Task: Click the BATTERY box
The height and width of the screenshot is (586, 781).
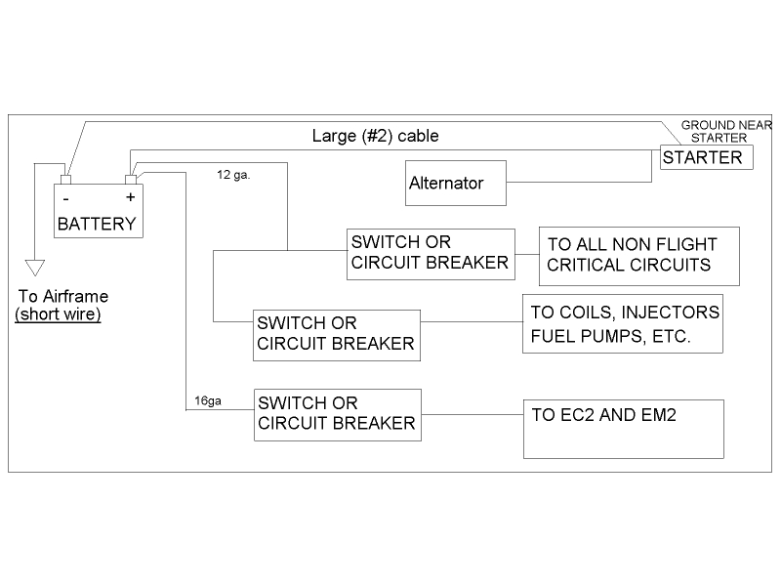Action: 97,210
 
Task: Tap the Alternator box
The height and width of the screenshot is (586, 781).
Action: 456,184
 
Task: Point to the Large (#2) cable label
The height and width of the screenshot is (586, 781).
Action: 368,135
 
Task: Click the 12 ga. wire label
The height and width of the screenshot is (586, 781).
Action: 233,175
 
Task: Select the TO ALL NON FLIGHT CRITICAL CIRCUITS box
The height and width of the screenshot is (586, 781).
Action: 639,255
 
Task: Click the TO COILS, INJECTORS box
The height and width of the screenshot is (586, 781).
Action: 623,323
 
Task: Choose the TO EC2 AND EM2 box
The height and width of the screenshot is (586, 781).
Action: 624,428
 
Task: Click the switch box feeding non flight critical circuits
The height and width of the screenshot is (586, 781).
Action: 431,253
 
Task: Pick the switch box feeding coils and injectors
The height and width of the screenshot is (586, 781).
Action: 336,333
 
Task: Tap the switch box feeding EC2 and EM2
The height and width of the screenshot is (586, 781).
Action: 336,413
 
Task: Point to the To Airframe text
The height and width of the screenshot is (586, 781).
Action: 62,297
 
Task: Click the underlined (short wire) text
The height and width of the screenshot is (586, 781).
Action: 58,314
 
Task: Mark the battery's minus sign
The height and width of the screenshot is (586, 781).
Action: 64,196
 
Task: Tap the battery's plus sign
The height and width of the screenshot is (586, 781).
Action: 129,196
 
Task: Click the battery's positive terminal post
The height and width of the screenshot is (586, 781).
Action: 130,180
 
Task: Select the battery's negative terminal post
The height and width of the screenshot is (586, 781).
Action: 65,180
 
